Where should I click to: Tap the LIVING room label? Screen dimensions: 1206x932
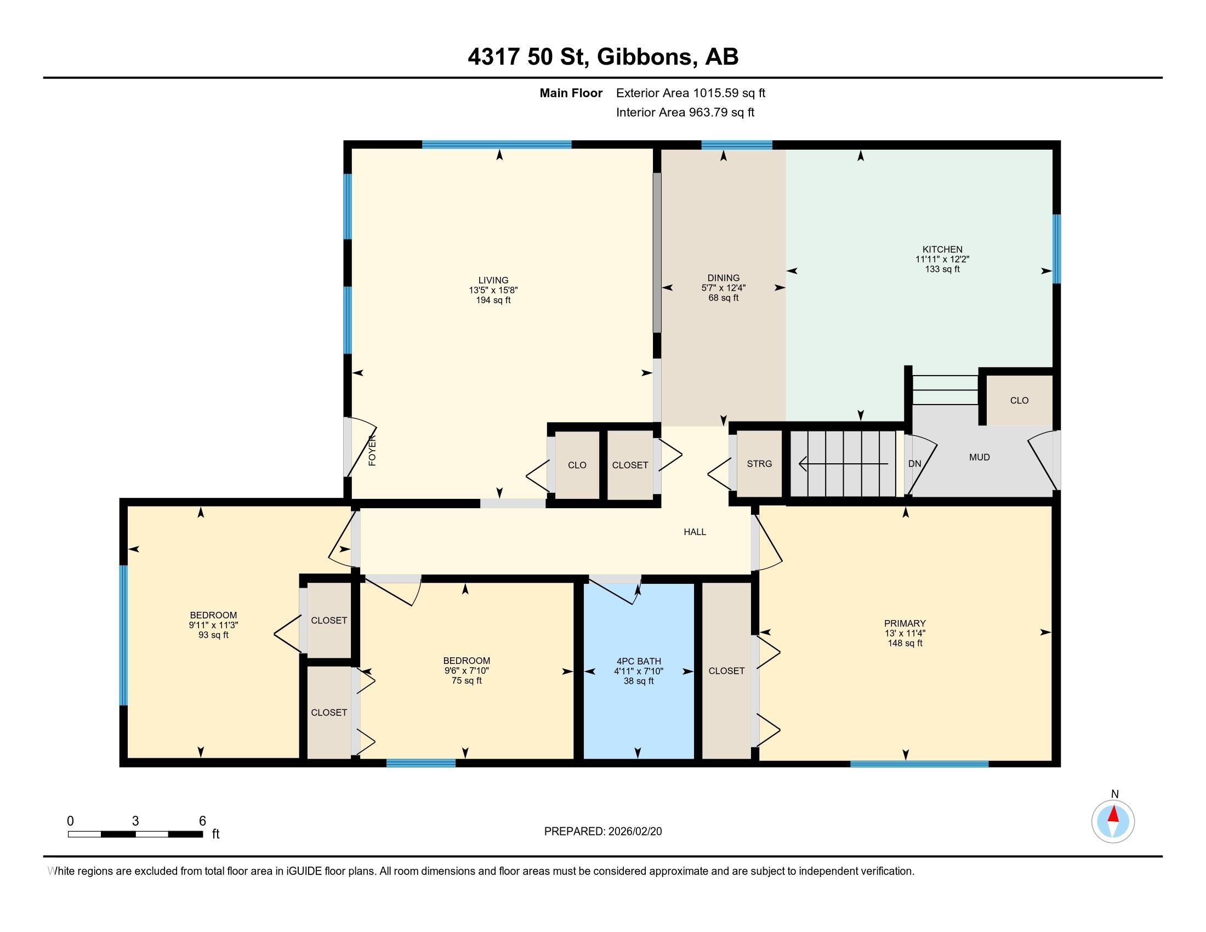coord(493,281)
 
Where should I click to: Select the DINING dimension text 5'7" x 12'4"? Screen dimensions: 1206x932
coord(724,288)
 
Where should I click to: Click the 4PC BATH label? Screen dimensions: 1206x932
coord(638,662)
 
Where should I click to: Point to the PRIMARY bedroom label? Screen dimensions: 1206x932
coord(904,624)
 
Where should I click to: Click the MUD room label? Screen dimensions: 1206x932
coord(979,457)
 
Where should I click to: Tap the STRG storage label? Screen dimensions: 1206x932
coord(759,464)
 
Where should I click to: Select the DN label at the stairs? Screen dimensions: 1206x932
coord(914,464)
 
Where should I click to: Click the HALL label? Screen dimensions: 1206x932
coord(695,532)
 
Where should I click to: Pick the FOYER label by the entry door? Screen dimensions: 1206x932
coord(372,451)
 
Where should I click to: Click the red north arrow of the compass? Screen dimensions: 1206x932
coord(1113,815)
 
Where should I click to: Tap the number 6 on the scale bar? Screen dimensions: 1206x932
coord(202,821)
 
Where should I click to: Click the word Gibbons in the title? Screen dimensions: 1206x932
coord(645,56)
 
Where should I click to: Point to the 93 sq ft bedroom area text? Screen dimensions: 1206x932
coord(213,635)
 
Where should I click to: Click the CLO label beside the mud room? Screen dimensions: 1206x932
coord(1019,400)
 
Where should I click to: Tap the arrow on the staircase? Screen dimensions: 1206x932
coord(843,464)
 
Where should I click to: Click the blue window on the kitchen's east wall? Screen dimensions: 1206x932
coord(1056,248)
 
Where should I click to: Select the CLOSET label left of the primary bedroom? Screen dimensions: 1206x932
coord(726,671)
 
